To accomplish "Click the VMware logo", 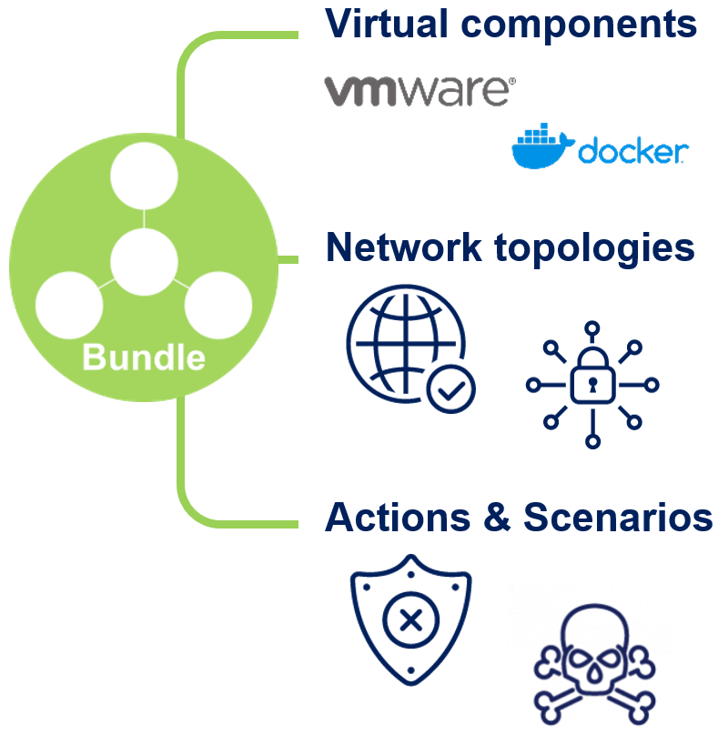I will coord(420,91).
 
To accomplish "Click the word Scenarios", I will coord(618,518).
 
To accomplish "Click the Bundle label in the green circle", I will coord(144,357).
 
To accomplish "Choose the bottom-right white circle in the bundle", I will coord(218,306).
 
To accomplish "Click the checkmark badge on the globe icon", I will coord(450,392).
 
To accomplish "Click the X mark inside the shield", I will coord(410,621).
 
